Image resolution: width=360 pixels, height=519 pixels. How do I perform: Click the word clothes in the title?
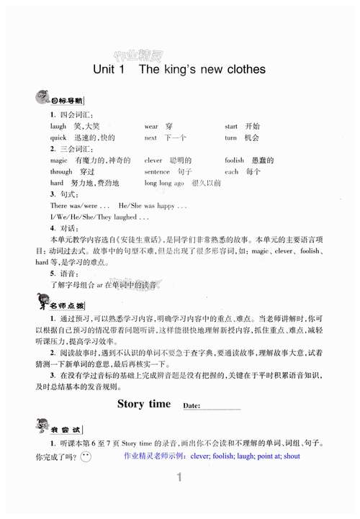(x=242, y=70)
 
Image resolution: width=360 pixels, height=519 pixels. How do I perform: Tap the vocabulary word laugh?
(x=58, y=126)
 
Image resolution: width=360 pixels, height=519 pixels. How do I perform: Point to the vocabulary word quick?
(x=58, y=137)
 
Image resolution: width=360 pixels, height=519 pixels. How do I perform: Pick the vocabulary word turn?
(x=230, y=137)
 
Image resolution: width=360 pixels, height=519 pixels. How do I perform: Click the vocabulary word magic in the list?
(x=58, y=161)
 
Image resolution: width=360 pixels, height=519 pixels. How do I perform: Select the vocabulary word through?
(x=61, y=172)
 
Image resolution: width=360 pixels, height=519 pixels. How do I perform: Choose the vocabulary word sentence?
(x=157, y=172)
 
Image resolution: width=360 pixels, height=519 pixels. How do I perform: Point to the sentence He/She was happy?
(x=153, y=206)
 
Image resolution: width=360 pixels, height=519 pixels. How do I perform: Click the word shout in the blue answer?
(x=291, y=456)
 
